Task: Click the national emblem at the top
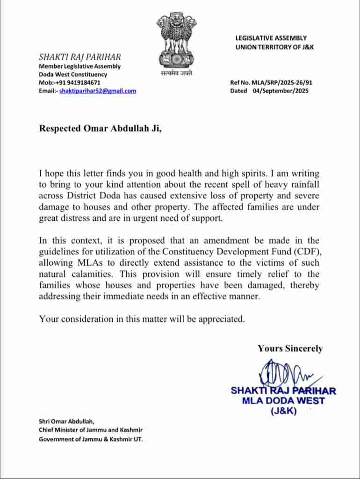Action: [176, 40]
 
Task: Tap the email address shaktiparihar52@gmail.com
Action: [98, 91]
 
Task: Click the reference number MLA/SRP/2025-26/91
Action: [281, 82]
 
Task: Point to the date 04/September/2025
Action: [280, 91]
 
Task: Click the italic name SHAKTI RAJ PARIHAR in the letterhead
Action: [79, 57]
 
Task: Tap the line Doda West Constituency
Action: [72, 74]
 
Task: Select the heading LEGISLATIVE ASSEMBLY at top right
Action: [271, 38]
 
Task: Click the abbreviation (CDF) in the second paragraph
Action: [309, 251]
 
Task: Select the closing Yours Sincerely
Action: [290, 348]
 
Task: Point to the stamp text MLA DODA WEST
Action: [283, 401]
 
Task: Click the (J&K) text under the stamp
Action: [283, 411]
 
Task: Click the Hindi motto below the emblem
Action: [176, 73]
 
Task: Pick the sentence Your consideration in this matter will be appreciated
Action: [142, 319]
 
